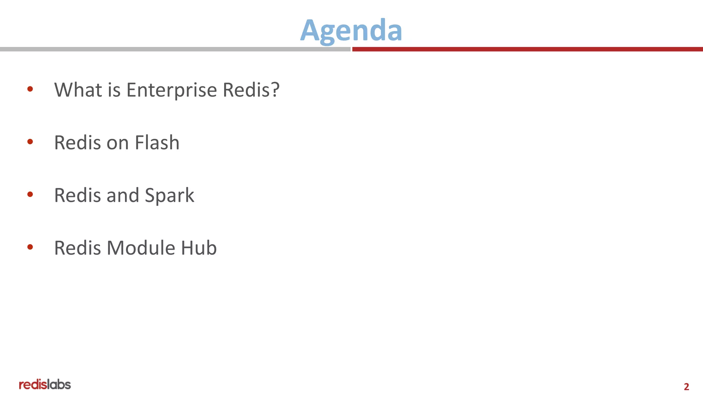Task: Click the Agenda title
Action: point(351,31)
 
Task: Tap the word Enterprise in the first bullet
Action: point(172,90)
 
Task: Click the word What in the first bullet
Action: point(78,90)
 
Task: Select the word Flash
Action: point(157,143)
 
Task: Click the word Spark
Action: point(169,196)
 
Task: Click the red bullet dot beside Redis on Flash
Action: point(30,142)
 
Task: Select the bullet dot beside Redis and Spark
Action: point(30,194)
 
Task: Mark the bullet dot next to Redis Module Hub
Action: point(30,247)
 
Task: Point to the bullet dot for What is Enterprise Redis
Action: point(30,89)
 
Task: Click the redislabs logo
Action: point(45,384)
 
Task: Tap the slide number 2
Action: point(686,387)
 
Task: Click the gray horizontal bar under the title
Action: point(175,49)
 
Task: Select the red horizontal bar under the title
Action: point(527,49)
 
